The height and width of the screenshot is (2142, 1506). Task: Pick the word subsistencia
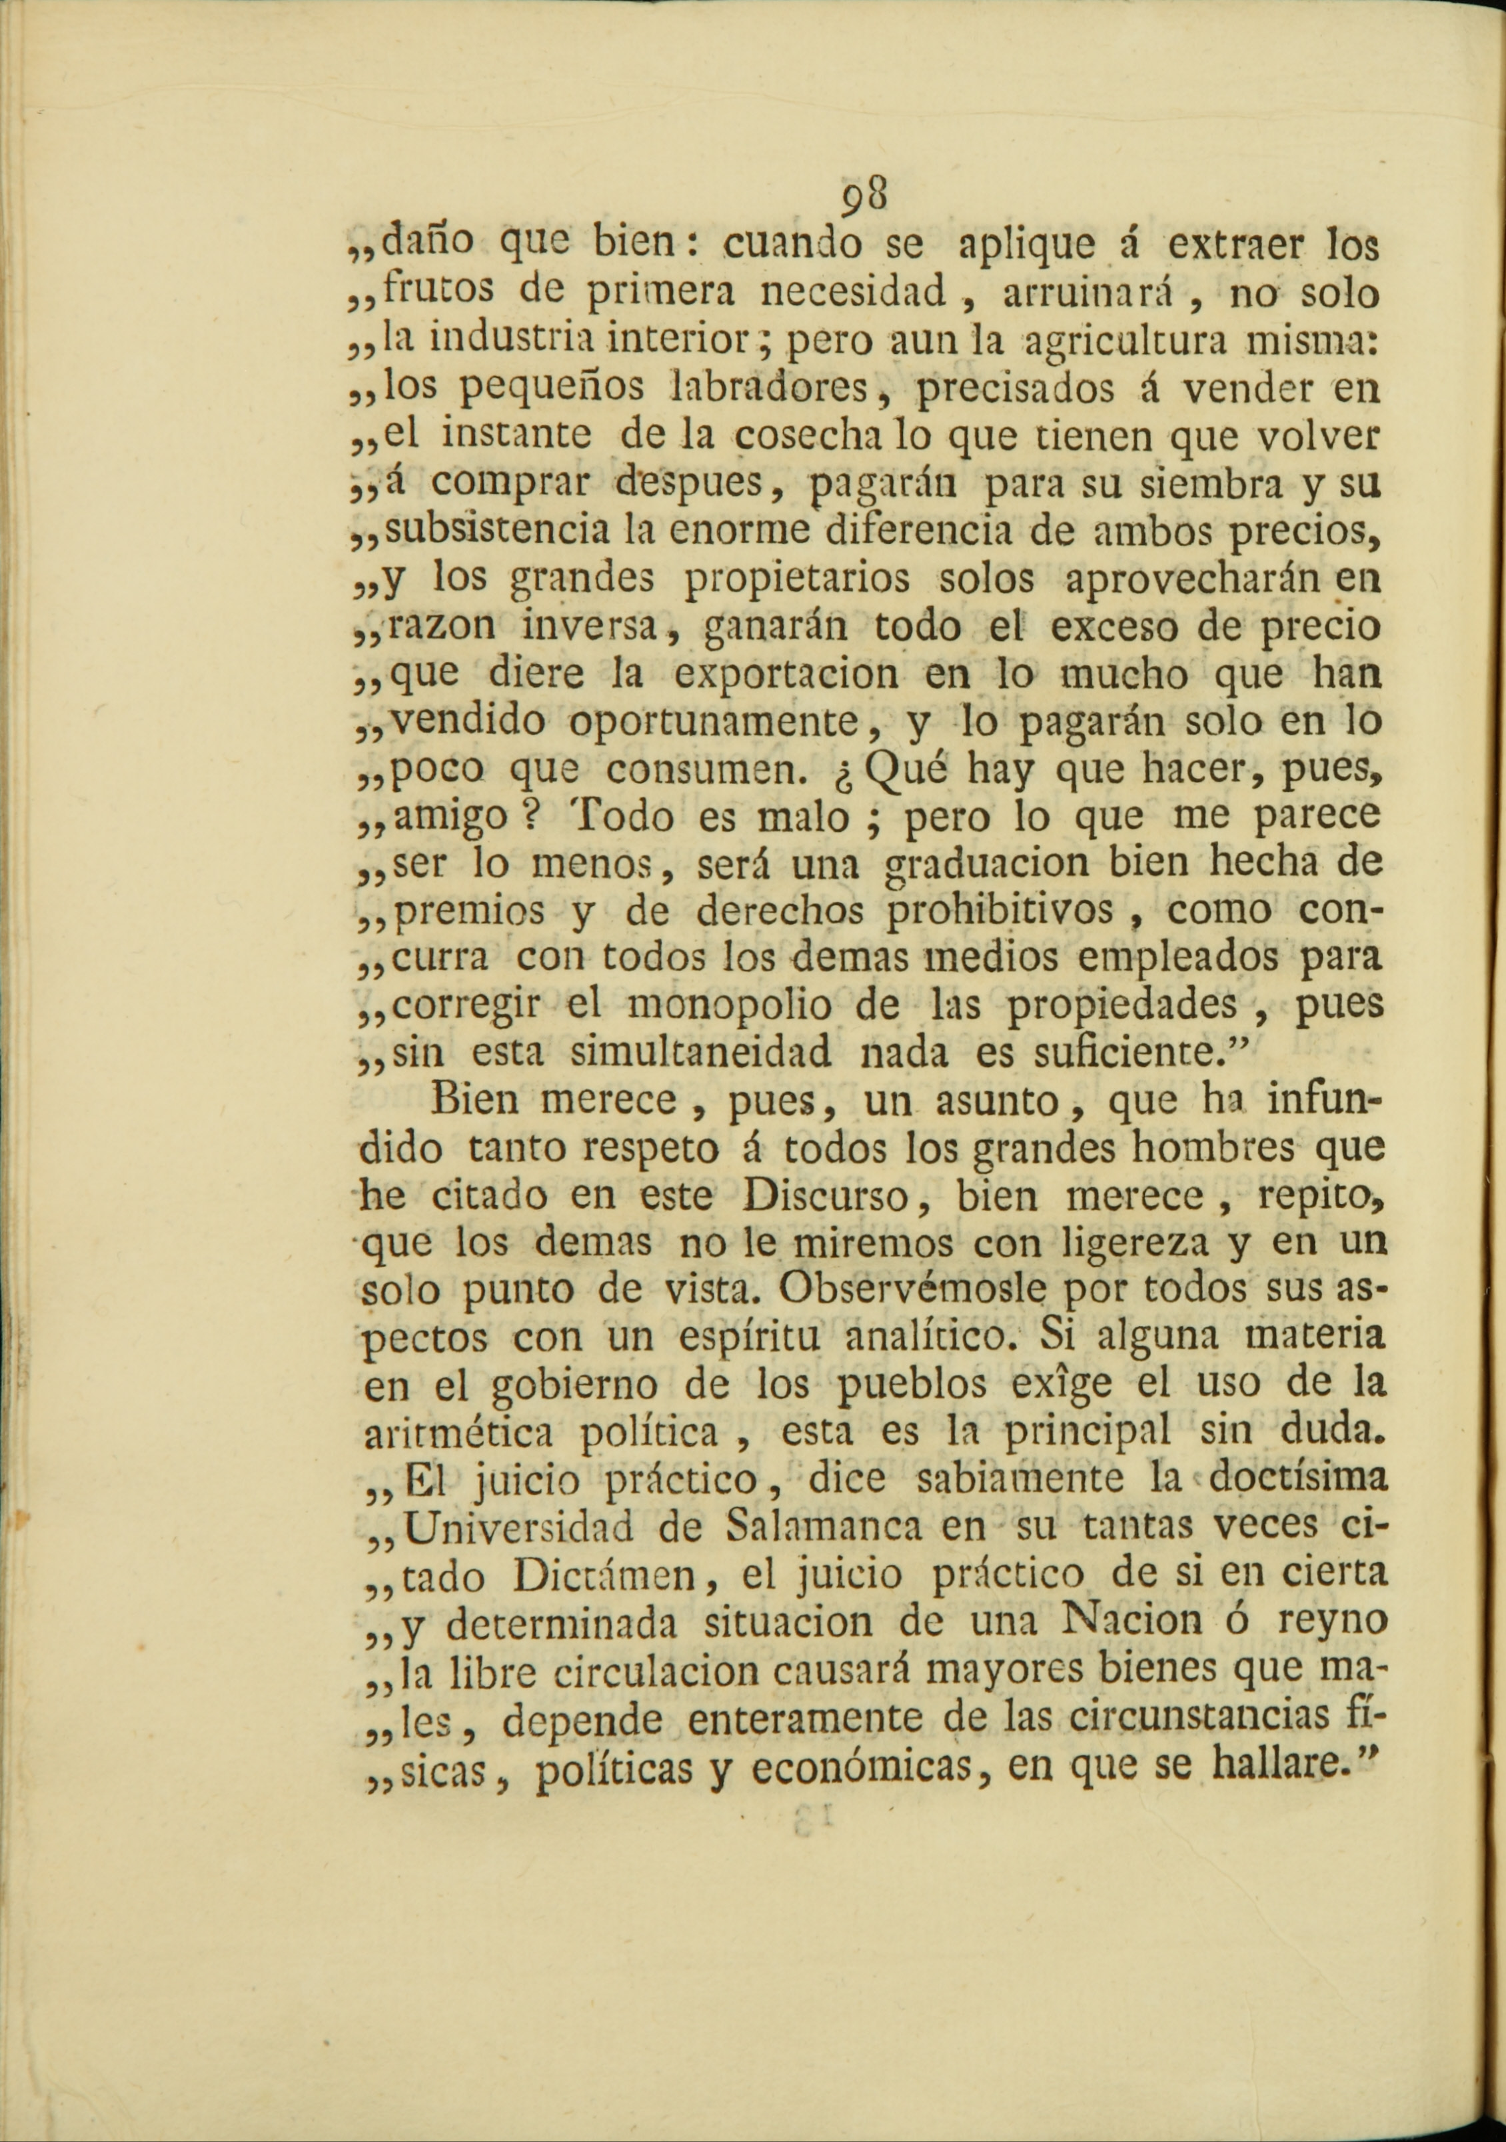pos(499,532)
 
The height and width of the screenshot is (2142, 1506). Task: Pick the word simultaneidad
pos(700,1054)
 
